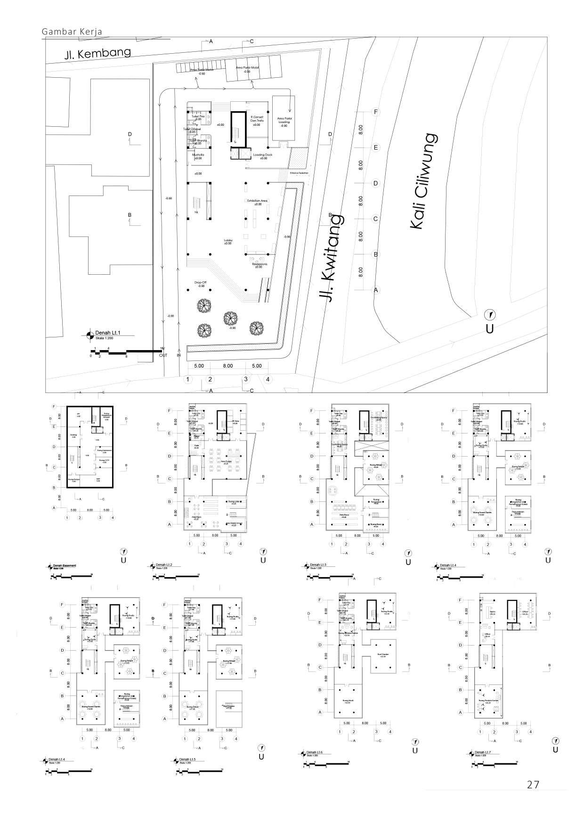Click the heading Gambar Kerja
(72, 32)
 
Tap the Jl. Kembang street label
(98, 53)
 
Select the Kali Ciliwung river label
(422, 182)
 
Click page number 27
(533, 785)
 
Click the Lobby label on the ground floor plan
(228, 241)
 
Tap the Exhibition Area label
(258, 202)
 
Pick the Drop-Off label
(201, 284)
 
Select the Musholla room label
(198, 156)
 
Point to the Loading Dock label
(263, 156)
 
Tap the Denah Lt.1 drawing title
(108, 333)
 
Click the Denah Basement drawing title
(65, 565)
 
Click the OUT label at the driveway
(163, 355)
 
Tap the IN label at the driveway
(179, 355)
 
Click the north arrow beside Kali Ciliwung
(490, 314)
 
